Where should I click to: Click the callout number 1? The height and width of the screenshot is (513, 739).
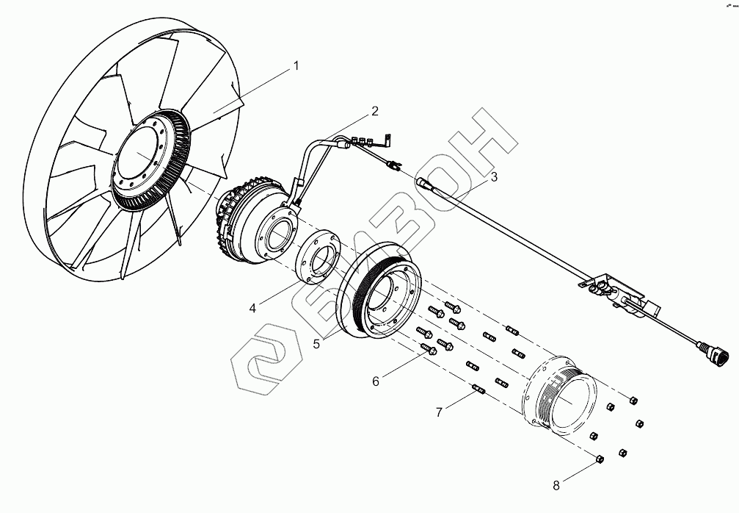296,65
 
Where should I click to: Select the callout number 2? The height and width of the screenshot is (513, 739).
374,112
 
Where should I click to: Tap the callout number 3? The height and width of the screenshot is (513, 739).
494,176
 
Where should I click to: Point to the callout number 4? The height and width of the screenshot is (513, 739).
252,308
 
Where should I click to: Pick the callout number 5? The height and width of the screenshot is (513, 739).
317,342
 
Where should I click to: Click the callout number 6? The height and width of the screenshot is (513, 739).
376,381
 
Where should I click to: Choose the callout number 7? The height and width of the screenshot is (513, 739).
439,412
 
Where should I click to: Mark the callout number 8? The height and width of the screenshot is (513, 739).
556,485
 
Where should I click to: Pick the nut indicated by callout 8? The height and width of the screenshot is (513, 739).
599,459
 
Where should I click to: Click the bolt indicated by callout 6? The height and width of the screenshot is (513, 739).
429,351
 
